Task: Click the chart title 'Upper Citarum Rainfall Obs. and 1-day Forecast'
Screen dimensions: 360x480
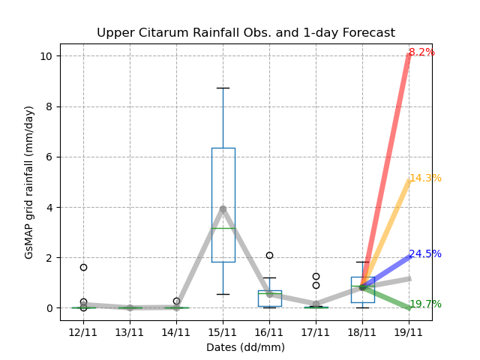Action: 245,33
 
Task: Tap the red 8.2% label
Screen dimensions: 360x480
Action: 421,52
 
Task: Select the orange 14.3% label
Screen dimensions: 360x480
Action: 425,178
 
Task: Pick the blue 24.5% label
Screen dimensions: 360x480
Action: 425,254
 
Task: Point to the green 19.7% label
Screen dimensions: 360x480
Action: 425,304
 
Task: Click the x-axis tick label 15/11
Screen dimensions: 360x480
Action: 223,331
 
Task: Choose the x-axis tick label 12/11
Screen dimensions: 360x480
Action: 83,331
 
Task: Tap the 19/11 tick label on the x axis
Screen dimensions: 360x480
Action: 409,331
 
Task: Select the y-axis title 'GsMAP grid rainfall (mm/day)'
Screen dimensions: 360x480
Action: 29,182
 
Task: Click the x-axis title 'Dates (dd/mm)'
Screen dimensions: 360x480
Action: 245,347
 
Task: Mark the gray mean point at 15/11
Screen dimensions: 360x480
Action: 223,208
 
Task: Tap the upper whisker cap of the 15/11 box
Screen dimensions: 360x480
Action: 223,88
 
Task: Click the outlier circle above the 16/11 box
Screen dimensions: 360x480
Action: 269,255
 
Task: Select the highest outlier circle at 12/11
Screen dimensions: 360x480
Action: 83,267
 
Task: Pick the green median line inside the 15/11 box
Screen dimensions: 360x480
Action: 223,228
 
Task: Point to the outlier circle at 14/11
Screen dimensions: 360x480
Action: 176,301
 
